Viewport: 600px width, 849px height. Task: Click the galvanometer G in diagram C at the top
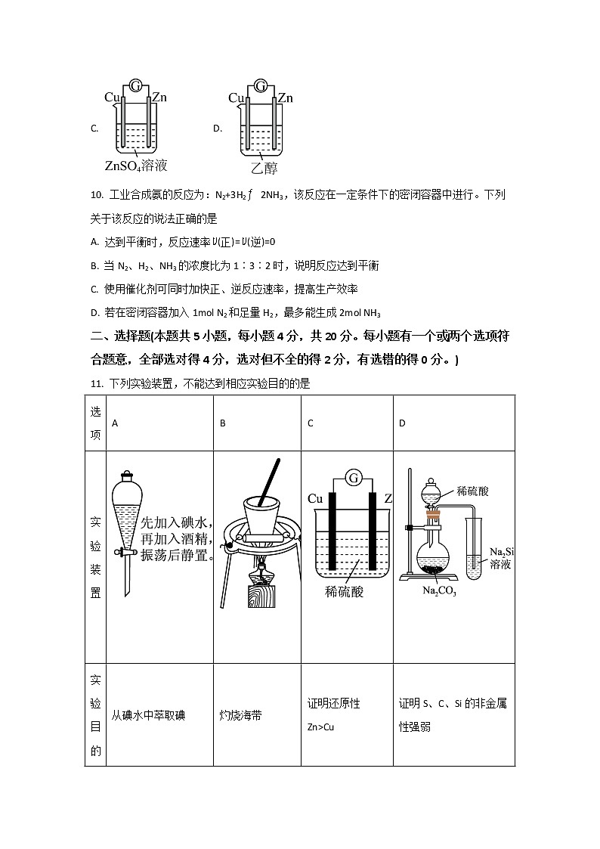pos(135,85)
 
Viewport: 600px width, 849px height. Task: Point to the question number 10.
pos(96,195)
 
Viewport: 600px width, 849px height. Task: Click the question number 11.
pos(96,383)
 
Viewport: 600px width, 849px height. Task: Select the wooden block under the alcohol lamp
pos(261,596)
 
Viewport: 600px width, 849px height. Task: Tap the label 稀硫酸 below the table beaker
pos(345,591)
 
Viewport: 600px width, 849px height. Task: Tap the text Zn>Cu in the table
pos(320,727)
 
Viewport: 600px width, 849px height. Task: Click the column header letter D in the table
pos(402,423)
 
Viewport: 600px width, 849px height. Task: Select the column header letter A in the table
pos(115,423)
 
